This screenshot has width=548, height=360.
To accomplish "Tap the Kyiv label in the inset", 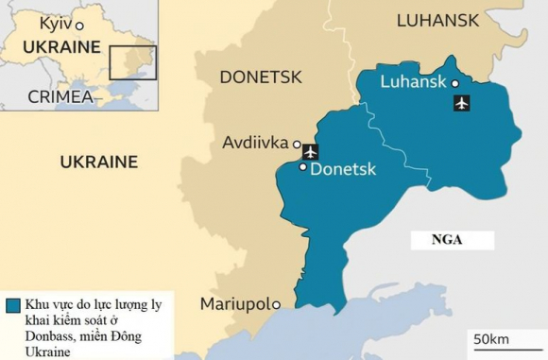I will coord(56,23).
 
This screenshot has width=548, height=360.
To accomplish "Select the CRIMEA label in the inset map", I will coord(60,95).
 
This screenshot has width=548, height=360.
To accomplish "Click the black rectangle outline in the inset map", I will coord(132,61).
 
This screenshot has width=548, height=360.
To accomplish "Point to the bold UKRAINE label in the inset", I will coord(61,47).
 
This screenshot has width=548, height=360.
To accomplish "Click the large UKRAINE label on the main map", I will coord(98,163).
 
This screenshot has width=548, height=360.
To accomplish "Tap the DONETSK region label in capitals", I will coord(260,77).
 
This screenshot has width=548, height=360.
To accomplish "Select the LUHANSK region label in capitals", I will coord(437,20).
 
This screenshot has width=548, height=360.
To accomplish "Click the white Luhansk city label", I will coord(412,82).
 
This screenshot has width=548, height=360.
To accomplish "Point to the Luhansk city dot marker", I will coord(455,83).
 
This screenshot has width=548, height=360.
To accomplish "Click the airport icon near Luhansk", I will coord(461,103).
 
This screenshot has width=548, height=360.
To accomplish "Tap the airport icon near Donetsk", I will coord(310,150).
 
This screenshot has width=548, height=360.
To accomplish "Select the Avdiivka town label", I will coord(255,144).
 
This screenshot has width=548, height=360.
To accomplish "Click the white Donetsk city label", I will coord(343,169).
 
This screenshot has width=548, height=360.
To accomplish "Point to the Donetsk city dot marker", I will coord(302,167).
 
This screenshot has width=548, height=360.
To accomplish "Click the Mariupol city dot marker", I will coord(275,304).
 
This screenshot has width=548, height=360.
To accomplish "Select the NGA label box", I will coord(446,240).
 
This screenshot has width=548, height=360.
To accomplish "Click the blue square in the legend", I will coord(12,306).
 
